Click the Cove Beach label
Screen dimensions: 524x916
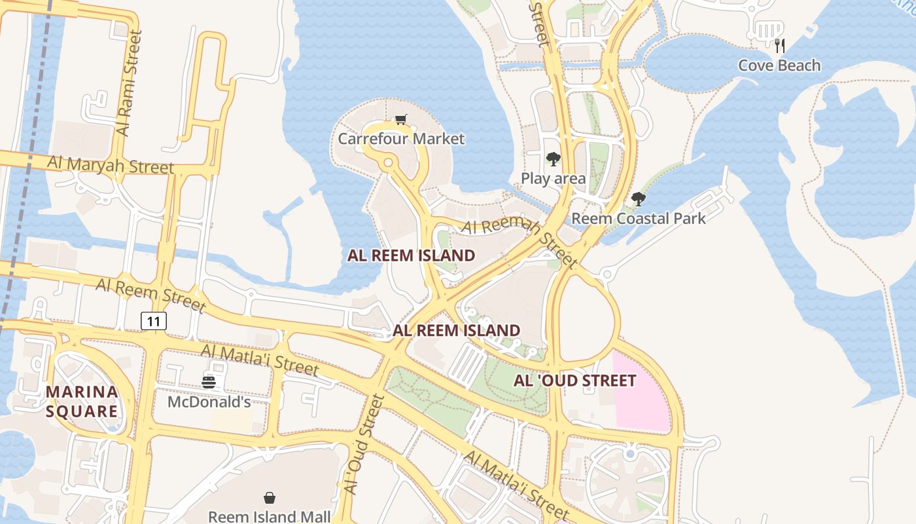[779, 65]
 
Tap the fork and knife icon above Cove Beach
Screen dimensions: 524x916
[779, 45]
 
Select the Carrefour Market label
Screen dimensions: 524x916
[400, 139]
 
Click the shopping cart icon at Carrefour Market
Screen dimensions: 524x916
[400, 119]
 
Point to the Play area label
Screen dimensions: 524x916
[553, 178]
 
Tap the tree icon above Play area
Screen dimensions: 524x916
[554, 159]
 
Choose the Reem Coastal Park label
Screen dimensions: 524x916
[639, 218]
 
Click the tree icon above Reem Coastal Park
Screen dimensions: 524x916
[639, 199]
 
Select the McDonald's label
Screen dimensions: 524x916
[209, 402]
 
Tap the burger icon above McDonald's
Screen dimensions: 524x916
[209, 382]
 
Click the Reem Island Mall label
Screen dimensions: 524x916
[269, 516]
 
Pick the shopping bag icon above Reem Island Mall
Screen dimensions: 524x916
[269, 498]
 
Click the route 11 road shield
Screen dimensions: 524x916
[154, 321]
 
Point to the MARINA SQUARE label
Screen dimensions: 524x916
[82, 402]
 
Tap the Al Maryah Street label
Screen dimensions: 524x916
[111, 164]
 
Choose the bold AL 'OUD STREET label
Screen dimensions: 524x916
[574, 381]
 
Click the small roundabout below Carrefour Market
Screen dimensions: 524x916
[388, 161]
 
